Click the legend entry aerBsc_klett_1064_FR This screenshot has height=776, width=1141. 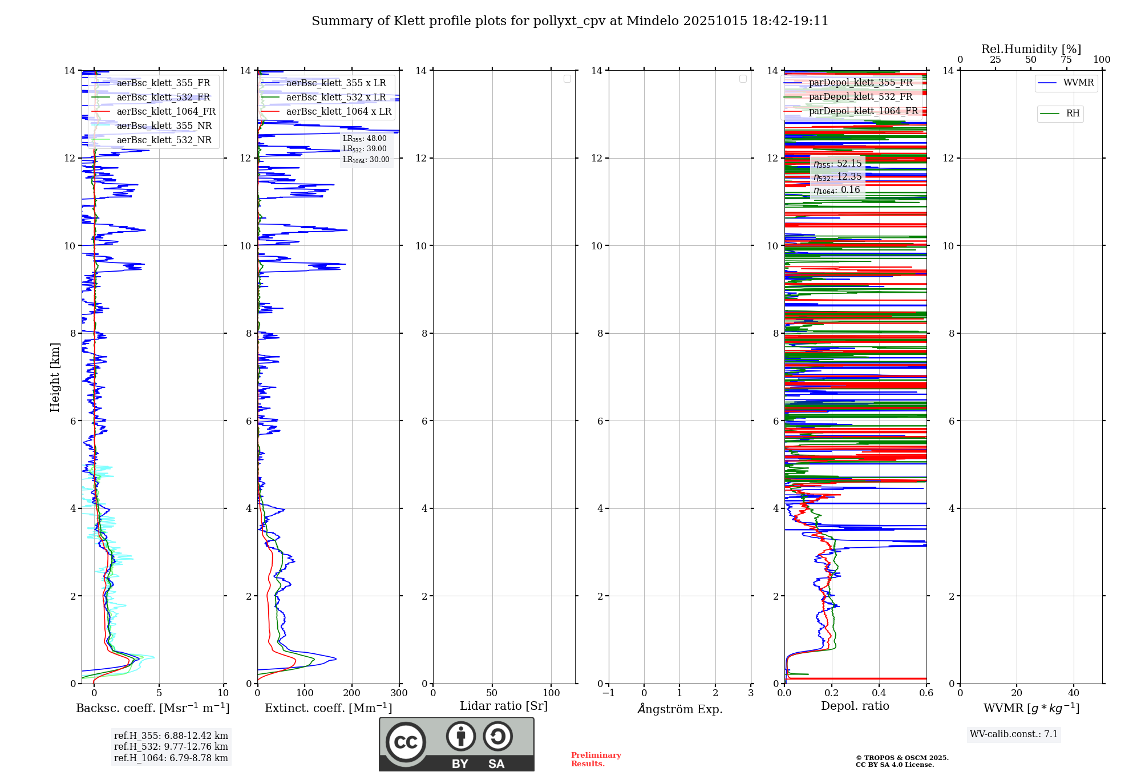pyautogui.click(x=165, y=111)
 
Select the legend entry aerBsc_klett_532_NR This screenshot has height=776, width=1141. pyautogui.click(x=164, y=140)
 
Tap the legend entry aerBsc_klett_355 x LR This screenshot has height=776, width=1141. pyautogui.click(x=335, y=83)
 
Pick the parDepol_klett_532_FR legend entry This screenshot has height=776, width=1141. pyautogui.click(x=860, y=96)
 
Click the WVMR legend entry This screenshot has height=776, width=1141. pyautogui.click(x=1078, y=83)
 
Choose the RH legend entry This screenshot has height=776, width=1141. pyautogui.click(x=1073, y=114)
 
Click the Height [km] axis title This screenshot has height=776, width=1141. pyautogui.click(x=55, y=377)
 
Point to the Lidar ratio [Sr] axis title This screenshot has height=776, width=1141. pyautogui.click(x=503, y=706)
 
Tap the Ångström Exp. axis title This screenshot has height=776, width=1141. pyautogui.click(x=679, y=709)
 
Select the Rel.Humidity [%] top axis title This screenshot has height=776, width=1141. pyautogui.click(x=1031, y=49)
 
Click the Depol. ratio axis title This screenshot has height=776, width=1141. pyautogui.click(x=855, y=706)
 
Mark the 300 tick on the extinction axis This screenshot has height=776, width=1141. pyautogui.click(x=399, y=693)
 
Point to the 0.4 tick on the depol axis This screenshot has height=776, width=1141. pyautogui.click(x=879, y=693)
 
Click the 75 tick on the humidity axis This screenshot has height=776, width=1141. pyautogui.click(x=1066, y=59)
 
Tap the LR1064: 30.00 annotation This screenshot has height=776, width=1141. pyautogui.click(x=366, y=160)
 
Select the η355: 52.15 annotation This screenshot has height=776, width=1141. pyautogui.click(x=837, y=164)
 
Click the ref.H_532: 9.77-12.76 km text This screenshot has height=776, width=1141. pyautogui.click(x=171, y=746)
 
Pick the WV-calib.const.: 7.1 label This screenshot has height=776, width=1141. pyautogui.click(x=1013, y=734)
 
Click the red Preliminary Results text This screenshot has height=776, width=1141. pyautogui.click(x=596, y=759)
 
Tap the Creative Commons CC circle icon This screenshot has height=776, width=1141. pyautogui.click(x=406, y=742)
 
